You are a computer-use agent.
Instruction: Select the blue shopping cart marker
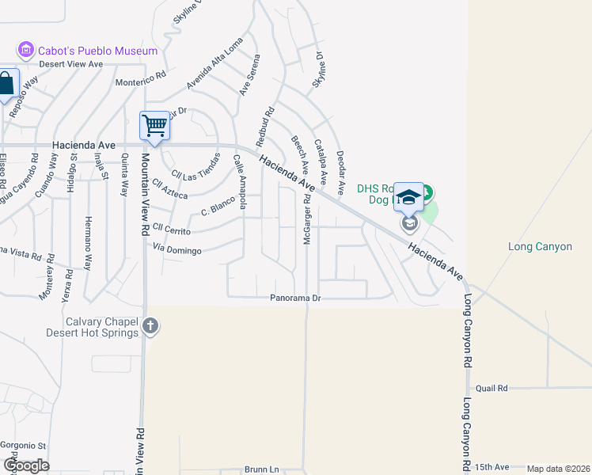(x=154, y=126)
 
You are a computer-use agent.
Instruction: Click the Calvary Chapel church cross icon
(x=150, y=325)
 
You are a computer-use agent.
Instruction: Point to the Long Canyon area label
(x=540, y=247)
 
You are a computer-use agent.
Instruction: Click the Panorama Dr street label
(x=294, y=298)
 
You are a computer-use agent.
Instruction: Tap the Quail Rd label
(x=491, y=388)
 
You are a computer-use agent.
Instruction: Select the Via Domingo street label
(x=178, y=250)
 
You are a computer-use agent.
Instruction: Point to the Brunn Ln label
(x=262, y=469)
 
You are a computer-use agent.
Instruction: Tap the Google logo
(x=26, y=465)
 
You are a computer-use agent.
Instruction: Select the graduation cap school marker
(x=408, y=198)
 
